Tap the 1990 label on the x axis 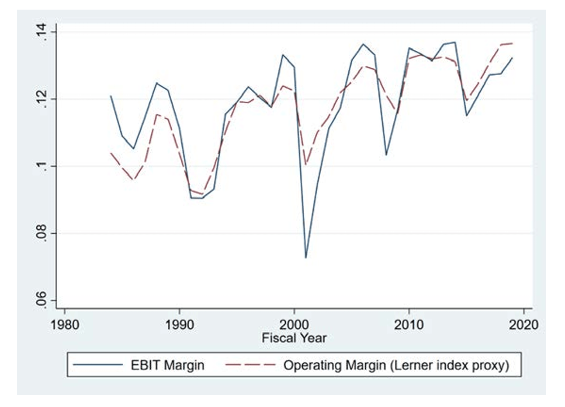tap(179, 325)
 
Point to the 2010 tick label tap(409, 325)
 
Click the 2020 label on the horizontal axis tap(523, 325)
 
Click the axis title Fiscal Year tap(294, 338)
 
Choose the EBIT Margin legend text tap(167, 365)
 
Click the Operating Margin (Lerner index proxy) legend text tap(396, 365)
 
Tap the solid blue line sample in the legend tap(98, 365)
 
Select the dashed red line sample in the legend tap(250, 365)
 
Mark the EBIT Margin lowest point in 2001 tap(305, 257)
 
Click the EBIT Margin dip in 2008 tap(386, 155)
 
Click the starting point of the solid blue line tap(111, 96)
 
